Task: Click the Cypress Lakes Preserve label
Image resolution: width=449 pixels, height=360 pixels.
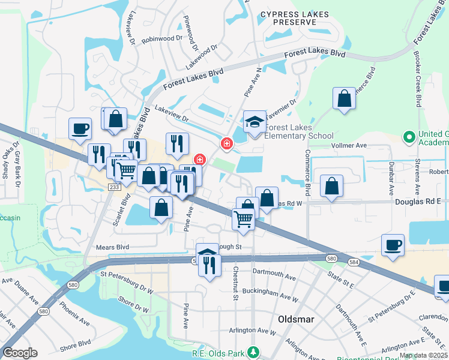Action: pos(287,17)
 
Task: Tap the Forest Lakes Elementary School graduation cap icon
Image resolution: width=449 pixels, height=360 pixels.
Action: pos(255,122)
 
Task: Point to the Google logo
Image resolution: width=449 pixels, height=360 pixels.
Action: pos(20,353)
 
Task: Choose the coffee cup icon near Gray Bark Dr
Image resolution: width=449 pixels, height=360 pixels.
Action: pos(80,128)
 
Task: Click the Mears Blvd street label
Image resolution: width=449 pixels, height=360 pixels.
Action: pos(113,247)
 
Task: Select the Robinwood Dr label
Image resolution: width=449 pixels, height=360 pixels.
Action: pos(161,39)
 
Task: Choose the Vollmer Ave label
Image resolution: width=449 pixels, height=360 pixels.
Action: pos(349,145)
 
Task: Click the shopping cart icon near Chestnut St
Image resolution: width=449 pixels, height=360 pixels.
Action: pos(243,218)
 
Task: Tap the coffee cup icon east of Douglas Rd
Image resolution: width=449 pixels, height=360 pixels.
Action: pos(393,245)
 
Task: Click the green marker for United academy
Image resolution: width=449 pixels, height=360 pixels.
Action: pos(410,137)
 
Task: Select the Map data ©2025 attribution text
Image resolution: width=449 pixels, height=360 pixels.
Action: pos(423,355)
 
